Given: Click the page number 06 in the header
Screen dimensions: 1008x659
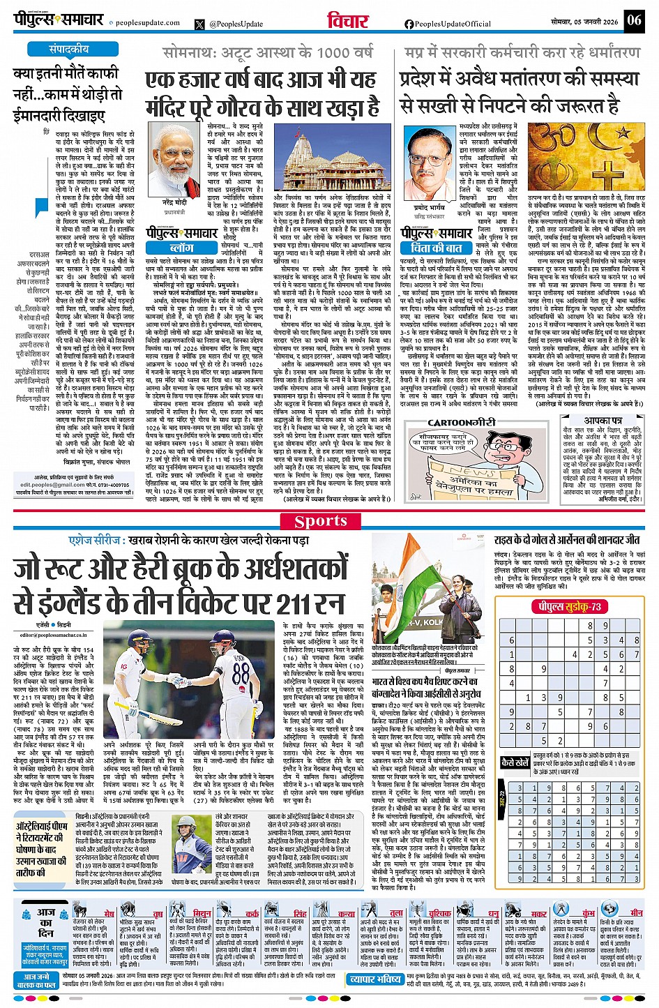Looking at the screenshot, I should [x=633, y=20].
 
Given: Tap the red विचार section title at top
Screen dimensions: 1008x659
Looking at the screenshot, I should [x=347, y=21].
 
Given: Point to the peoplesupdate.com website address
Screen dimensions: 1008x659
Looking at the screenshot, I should [x=147, y=23].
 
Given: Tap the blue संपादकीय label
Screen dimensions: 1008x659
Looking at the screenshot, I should [x=68, y=50].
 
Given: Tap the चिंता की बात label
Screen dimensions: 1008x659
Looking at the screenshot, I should [x=432, y=248].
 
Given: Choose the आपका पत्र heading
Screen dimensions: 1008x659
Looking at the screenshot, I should [x=603, y=422].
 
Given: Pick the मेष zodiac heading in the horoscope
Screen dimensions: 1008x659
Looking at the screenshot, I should [x=109, y=913].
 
